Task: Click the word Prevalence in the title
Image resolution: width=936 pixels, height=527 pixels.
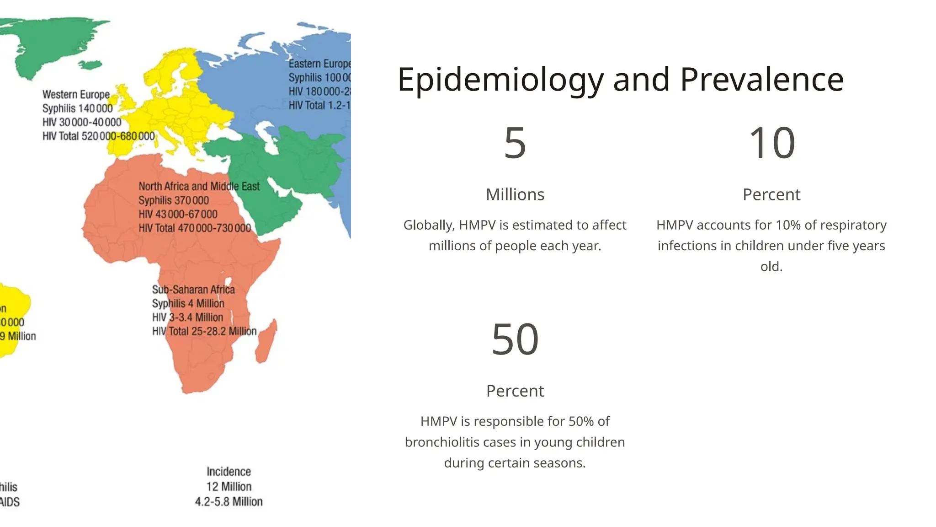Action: tap(761, 80)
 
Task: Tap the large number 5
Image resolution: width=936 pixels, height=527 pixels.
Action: tap(515, 143)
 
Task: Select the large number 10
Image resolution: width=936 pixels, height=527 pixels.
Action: tap(771, 143)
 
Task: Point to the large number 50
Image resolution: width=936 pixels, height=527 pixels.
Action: tap(515, 339)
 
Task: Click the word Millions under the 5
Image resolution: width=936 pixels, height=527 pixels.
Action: tap(515, 194)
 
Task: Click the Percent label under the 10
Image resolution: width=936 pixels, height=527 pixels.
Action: tap(771, 194)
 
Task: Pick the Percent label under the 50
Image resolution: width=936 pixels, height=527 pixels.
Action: tap(515, 391)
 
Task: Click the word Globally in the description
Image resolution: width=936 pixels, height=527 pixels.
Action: tap(429, 225)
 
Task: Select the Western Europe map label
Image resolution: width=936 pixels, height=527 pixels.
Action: tap(76, 95)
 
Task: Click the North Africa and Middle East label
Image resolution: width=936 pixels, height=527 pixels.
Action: tap(199, 187)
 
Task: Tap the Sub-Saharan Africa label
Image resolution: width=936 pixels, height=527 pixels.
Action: tap(193, 290)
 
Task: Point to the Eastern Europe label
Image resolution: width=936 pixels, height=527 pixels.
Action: tap(319, 64)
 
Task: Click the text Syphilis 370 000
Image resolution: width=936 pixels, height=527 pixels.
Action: tap(174, 200)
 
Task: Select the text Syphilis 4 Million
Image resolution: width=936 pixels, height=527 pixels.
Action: tap(188, 303)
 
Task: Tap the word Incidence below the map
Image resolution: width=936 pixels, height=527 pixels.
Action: tap(229, 472)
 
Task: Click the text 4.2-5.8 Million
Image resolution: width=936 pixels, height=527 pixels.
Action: tap(229, 502)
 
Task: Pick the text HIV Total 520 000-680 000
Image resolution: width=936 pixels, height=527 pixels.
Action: tap(98, 136)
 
